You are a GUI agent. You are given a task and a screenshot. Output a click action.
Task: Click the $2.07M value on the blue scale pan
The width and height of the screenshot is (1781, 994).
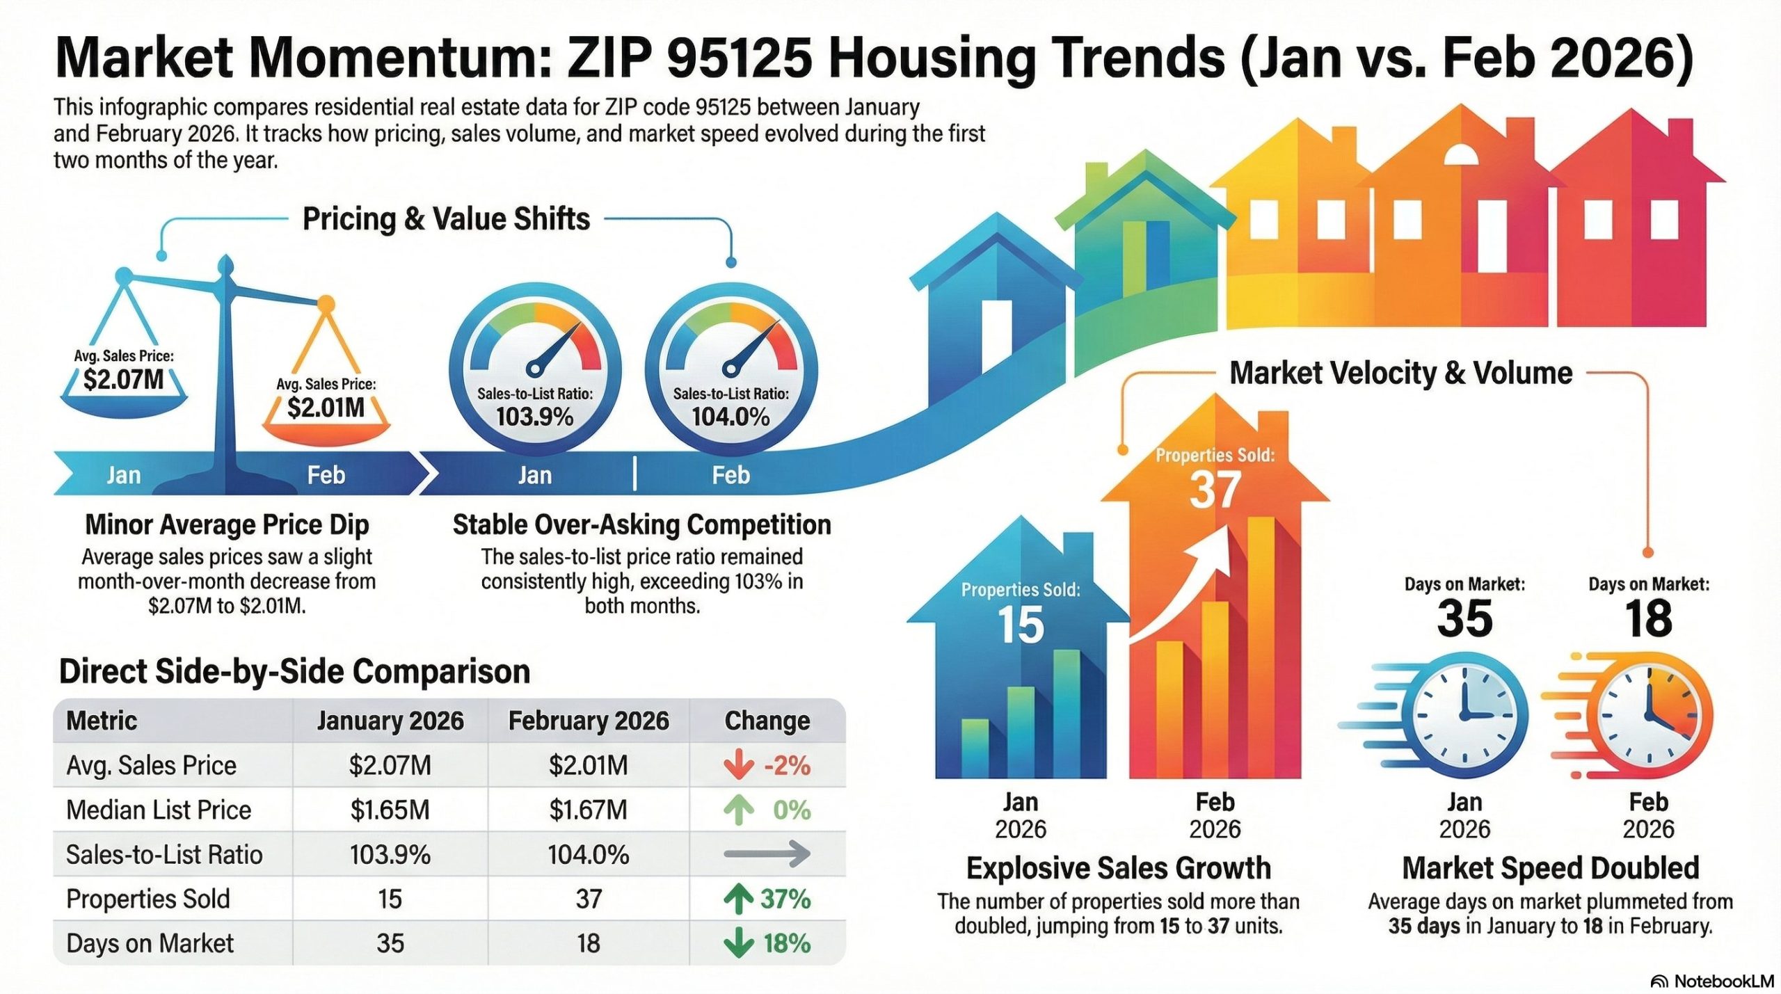pyautogui.click(x=123, y=380)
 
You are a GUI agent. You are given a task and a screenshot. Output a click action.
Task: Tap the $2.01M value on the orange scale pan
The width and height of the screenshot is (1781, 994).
pyautogui.click(x=326, y=408)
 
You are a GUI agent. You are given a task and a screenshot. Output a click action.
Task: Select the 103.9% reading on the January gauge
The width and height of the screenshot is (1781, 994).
pyautogui.click(x=534, y=417)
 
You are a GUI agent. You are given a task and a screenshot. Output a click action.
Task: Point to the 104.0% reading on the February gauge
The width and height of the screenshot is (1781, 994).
pyautogui.click(x=730, y=417)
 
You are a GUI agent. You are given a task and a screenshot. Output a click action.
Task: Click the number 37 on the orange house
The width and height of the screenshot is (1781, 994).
pyautogui.click(x=1215, y=490)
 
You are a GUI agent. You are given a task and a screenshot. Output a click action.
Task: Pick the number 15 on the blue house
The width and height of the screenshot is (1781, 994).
pyautogui.click(x=1021, y=624)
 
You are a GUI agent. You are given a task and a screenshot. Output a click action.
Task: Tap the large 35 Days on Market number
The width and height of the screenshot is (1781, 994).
pyautogui.click(x=1464, y=618)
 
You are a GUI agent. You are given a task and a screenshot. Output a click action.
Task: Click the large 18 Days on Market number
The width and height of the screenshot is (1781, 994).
pyautogui.click(x=1648, y=618)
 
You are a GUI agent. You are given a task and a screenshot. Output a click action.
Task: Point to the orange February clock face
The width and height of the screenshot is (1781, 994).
pyautogui.click(x=1649, y=716)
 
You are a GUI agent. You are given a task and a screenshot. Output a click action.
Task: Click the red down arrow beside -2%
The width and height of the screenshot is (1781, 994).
pyautogui.click(x=738, y=765)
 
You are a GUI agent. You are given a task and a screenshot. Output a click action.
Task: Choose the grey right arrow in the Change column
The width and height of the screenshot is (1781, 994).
pyautogui.click(x=767, y=853)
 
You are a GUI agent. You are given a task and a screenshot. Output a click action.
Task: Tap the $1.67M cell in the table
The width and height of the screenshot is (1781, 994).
pyautogui.click(x=588, y=810)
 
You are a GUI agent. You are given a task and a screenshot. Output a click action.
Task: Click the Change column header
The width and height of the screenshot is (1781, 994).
pyautogui.click(x=767, y=721)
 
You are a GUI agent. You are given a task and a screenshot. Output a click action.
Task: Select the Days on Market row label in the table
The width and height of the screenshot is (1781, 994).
pyautogui.click(x=150, y=943)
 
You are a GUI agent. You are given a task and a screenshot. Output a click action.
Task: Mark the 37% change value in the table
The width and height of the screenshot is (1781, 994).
pyautogui.click(x=785, y=899)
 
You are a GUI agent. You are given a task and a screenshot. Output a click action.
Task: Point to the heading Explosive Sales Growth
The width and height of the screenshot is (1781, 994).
pyautogui.click(x=1118, y=868)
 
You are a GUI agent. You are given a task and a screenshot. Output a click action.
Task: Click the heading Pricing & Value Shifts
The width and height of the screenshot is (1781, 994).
pyautogui.click(x=446, y=219)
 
